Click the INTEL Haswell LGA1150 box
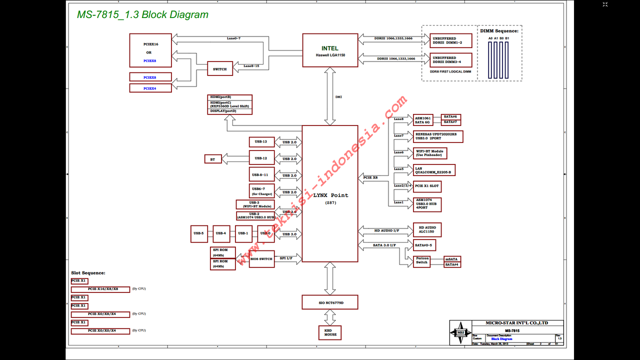pos(330,50)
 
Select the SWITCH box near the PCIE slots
pos(220,69)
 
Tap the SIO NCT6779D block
pos(330,302)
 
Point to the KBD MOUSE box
pos(330,332)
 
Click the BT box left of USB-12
pos(212,159)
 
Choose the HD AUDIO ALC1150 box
pos(427,230)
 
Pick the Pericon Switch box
pos(422,261)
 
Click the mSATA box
pos(452,259)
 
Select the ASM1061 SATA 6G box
pos(422,120)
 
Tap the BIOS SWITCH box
pos(262,259)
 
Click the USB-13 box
pos(261,142)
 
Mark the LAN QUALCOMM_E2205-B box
pos(434,170)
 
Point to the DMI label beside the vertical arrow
pos(338,97)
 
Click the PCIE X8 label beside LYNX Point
pos(371,177)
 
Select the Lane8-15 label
pos(251,66)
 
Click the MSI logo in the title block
pos(459,332)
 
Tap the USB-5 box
pos(198,233)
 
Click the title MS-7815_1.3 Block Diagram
pos(142,14)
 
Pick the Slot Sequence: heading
pos(88,273)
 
